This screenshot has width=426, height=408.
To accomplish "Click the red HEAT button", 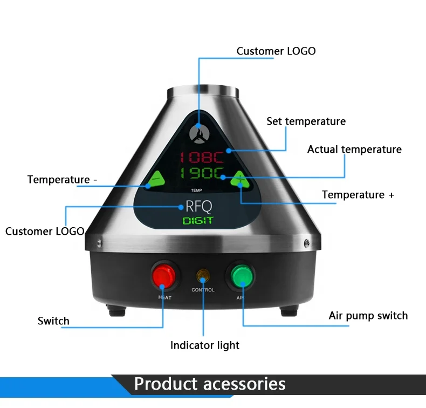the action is [163, 277].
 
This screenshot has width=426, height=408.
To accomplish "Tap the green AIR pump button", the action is [241, 277].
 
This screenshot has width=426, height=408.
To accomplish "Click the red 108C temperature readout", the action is [202, 158].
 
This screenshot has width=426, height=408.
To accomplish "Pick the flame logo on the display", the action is [199, 132].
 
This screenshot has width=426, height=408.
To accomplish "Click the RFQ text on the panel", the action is [198, 206].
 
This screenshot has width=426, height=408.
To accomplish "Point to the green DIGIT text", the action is [198, 220].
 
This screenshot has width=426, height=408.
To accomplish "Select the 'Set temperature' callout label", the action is [306, 121].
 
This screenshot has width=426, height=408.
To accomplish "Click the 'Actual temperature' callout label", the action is [354, 149].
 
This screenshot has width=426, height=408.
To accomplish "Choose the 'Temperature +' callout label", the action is [358, 195].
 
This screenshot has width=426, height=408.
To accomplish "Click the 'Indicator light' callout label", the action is [205, 345].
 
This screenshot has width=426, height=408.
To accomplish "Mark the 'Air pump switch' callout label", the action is [368, 316].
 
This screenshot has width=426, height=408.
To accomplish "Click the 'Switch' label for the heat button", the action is [53, 321].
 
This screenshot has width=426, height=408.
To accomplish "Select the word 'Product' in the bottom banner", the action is [167, 384].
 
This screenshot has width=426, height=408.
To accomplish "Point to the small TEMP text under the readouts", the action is [196, 191].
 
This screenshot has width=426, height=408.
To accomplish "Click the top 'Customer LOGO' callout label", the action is [276, 51].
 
